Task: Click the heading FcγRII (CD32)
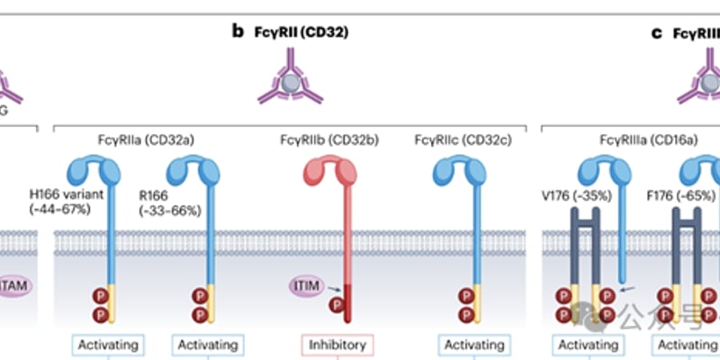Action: click(x=298, y=32)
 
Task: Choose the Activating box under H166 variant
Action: click(x=108, y=345)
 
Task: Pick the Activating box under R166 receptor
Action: click(x=208, y=345)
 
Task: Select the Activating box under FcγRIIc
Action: click(x=475, y=345)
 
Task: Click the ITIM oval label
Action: click(x=306, y=285)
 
